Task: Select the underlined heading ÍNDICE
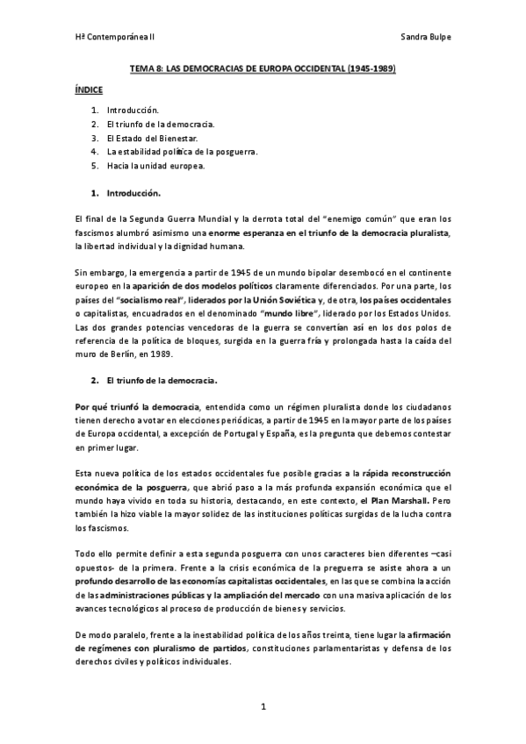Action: (90, 89)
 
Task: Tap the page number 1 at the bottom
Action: (263, 706)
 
